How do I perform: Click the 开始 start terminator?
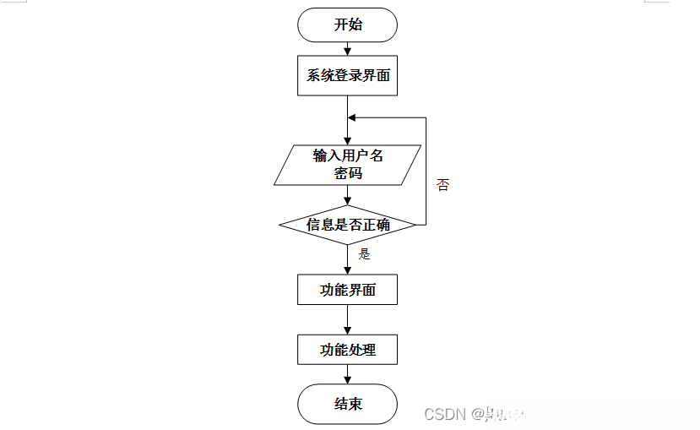pos(347,24)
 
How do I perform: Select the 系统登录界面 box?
pos(347,75)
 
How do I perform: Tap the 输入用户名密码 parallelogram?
pos(347,165)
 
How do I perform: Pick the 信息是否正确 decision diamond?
pos(347,225)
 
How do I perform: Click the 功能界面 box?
pos(347,290)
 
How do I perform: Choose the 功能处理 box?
pos(347,349)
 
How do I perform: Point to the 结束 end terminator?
pos(347,404)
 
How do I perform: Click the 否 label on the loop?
pos(442,184)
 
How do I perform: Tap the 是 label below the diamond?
pos(365,253)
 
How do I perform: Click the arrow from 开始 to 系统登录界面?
pos(347,48)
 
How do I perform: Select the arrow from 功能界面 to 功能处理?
pos(347,319)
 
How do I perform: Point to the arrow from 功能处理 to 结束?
pos(347,374)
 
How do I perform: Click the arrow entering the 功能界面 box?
pos(347,262)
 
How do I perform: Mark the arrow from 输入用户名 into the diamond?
pos(347,195)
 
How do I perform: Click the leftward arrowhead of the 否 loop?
pos(353,117)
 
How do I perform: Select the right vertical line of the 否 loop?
pos(426,169)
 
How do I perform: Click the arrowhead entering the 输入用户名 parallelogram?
pos(347,140)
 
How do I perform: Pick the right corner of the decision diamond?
pos(414,225)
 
